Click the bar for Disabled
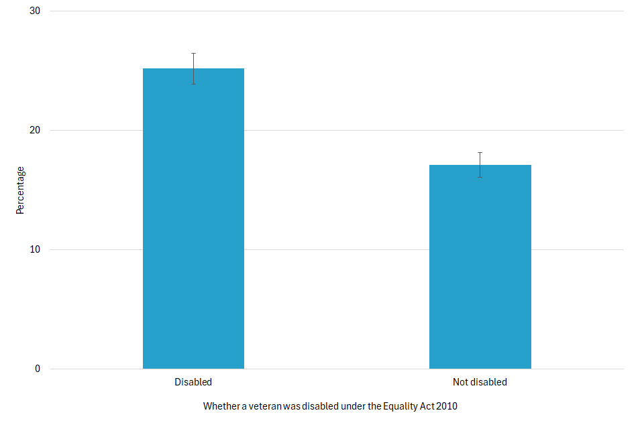pos(193,221)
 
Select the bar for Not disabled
pos(480,268)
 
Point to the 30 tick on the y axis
pos(35,11)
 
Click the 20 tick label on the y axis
pos(35,131)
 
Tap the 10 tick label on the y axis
pos(35,250)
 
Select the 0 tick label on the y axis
pos(38,369)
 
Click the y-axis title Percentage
pos(20,190)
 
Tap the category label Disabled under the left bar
pos(193,382)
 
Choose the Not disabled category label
pos(480,382)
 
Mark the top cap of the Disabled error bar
pos(193,53)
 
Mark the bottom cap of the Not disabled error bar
pos(480,178)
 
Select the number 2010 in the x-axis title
pos(447,406)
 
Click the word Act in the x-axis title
pos(427,406)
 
